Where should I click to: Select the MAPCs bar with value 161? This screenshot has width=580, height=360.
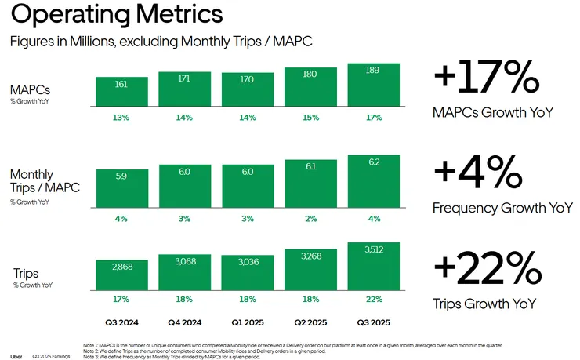(x=122, y=91)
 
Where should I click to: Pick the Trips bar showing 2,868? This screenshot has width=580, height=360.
(x=122, y=275)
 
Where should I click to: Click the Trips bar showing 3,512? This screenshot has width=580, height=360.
(x=373, y=266)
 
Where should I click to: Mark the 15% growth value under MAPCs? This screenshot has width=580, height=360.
(x=310, y=118)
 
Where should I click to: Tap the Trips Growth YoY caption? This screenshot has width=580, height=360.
(x=484, y=304)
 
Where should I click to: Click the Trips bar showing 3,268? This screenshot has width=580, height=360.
(x=310, y=270)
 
